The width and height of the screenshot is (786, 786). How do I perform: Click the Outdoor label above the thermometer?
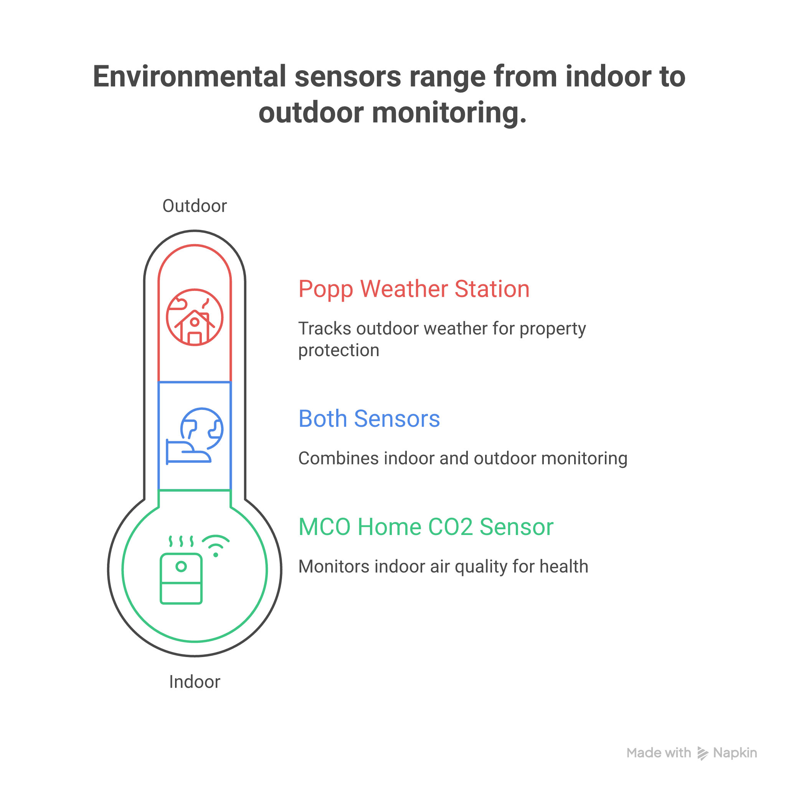195,206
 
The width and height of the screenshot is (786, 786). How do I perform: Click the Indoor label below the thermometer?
195,682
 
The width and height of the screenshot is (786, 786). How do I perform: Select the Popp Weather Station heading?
414,289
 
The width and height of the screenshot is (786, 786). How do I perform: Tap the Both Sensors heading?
369,419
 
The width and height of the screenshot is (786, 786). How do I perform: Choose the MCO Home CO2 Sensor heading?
426,527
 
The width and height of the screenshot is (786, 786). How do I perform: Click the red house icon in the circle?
195,325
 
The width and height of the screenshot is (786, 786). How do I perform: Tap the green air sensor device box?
181,578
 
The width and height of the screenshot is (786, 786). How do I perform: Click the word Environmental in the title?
189,76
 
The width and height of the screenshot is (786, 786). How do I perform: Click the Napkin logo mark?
703,753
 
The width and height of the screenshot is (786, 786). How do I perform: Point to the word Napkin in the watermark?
735,753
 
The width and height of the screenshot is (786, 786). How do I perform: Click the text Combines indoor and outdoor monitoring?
462,459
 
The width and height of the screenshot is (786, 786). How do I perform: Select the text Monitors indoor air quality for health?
443,567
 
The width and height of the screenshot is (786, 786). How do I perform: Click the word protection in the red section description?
339,350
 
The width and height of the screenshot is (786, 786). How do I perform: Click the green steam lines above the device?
181,542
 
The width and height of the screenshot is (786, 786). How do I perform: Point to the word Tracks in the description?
324,329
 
